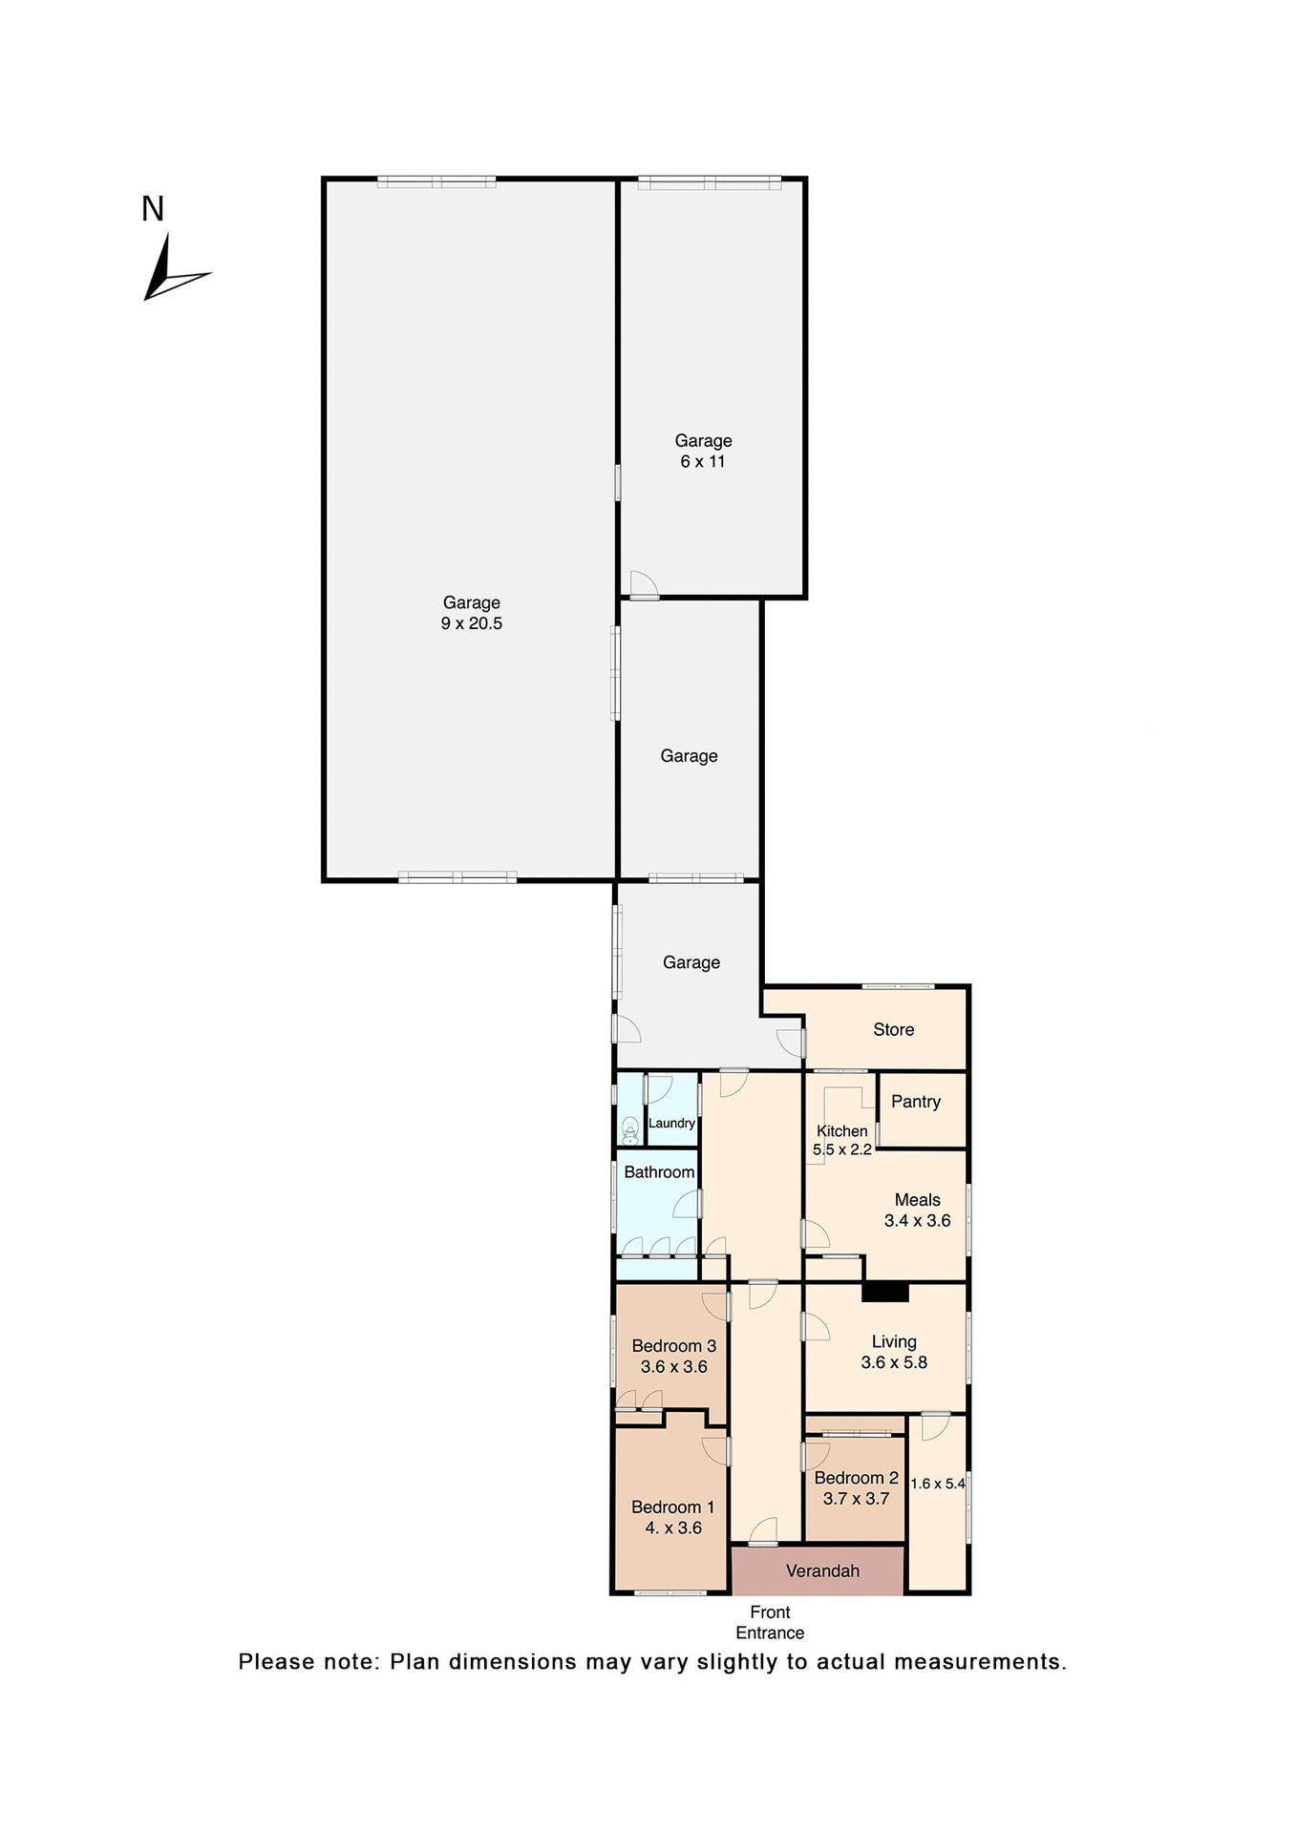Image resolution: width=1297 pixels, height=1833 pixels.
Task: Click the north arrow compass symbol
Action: click(170, 272)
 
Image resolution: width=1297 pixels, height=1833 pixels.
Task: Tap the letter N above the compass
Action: click(153, 209)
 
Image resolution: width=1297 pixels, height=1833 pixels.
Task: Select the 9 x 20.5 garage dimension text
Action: click(472, 623)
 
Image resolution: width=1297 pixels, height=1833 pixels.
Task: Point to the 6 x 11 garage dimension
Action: click(703, 461)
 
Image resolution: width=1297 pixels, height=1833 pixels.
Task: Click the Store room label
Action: click(893, 1029)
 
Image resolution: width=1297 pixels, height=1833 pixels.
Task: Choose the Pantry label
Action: click(916, 1102)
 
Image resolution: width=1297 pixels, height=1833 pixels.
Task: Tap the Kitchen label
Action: click(841, 1131)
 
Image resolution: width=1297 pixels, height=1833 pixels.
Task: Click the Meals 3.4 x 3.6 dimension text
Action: click(917, 1220)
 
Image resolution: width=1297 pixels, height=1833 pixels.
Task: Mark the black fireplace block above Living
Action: click(885, 1292)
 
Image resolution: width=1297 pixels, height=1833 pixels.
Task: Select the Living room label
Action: click(894, 1342)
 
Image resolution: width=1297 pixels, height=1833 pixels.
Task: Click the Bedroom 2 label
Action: click(856, 1478)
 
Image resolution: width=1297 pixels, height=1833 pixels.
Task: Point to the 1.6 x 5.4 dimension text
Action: click(938, 1484)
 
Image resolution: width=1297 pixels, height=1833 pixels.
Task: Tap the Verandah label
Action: click(822, 1570)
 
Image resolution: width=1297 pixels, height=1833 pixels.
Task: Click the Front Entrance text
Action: click(770, 1622)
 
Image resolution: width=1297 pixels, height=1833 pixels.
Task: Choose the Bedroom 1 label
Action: click(672, 1507)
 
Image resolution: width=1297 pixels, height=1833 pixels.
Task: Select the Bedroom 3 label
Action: click(673, 1346)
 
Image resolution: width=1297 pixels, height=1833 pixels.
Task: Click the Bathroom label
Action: click(659, 1172)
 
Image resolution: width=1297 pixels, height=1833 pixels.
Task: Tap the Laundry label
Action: click(671, 1124)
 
